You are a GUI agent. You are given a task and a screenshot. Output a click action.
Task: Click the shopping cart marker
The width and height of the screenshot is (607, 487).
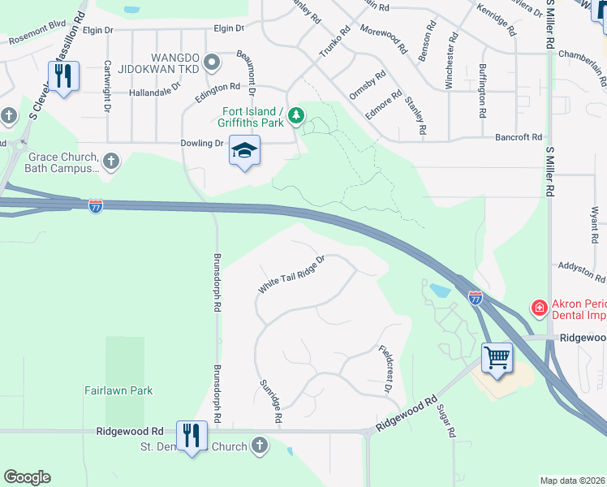point(496,356)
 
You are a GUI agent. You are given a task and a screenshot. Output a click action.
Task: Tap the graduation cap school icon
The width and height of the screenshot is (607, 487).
point(244,150)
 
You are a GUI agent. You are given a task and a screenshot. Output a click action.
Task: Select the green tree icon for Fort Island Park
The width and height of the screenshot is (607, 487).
point(298,116)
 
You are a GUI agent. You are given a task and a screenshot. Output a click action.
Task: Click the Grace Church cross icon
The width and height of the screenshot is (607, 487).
point(111,162)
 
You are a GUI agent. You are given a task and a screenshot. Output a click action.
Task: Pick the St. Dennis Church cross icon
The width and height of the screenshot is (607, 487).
point(259,445)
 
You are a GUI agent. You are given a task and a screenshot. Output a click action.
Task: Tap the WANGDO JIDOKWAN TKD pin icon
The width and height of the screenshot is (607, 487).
point(213,62)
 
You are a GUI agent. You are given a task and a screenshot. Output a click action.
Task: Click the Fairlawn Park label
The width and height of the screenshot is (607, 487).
point(118,390)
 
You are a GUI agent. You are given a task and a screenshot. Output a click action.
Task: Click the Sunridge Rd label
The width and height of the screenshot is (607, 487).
point(270,401)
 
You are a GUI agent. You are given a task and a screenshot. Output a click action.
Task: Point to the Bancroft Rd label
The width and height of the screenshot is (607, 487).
point(519,138)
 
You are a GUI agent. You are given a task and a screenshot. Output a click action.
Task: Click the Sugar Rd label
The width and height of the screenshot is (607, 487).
point(445,422)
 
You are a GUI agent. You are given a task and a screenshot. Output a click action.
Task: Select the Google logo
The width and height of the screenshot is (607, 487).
point(27,477)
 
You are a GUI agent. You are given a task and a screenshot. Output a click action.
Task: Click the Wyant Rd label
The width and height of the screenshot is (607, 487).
point(594,225)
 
